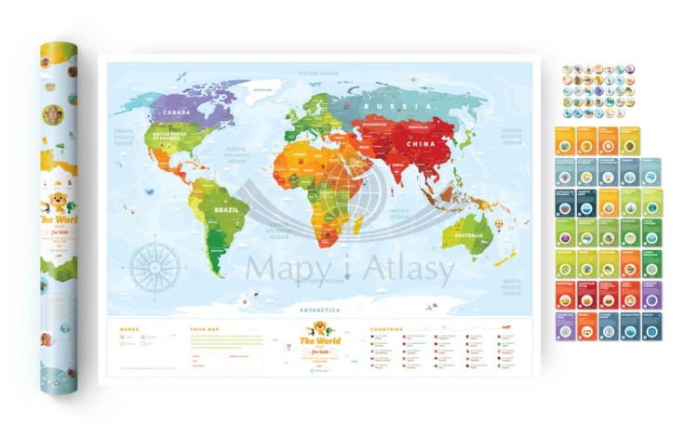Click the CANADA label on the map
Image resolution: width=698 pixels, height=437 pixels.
(x=177, y=113)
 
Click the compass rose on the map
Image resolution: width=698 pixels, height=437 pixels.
(x=154, y=268)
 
